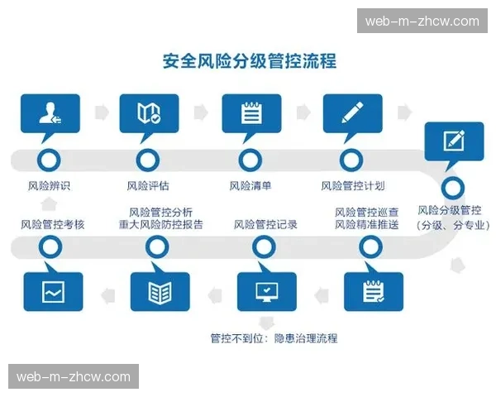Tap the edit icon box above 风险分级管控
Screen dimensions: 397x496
(453, 141)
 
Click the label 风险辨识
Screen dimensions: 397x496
(49, 185)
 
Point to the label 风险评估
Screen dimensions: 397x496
(148, 185)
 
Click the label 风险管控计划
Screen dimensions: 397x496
(352, 185)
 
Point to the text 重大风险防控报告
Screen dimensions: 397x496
(160, 224)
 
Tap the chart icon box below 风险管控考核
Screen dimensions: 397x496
(53, 291)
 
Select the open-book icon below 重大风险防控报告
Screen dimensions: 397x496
(160, 291)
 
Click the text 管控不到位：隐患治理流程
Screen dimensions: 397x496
(274, 338)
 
